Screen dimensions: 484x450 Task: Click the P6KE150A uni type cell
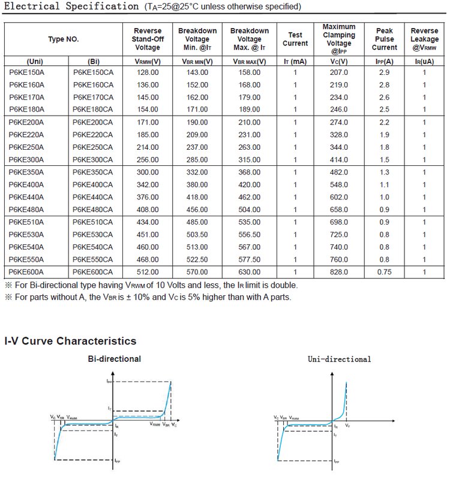(x=27, y=72)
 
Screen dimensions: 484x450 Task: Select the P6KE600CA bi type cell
(x=93, y=272)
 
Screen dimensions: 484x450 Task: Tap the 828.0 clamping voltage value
(x=339, y=272)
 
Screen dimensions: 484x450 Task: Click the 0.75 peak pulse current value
(x=384, y=272)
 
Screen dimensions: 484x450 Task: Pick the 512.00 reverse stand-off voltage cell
(x=147, y=272)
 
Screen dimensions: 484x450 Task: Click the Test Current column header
(x=295, y=39)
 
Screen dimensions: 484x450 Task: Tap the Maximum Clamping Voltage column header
(x=339, y=39)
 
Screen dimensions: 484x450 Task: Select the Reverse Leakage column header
(x=424, y=39)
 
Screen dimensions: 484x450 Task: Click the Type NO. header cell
(x=64, y=39)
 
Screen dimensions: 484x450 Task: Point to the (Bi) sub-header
(x=93, y=61)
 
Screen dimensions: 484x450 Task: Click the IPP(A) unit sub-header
(x=384, y=61)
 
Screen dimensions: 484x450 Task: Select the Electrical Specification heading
(x=71, y=7)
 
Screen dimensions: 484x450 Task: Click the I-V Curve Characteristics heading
(x=70, y=341)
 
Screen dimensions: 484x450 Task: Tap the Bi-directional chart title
(x=114, y=359)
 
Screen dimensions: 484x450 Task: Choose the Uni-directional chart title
(x=339, y=359)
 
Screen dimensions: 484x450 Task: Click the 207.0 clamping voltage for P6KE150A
(x=339, y=72)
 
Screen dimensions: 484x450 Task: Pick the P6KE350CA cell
(x=93, y=172)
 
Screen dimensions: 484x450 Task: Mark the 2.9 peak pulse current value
(x=384, y=72)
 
